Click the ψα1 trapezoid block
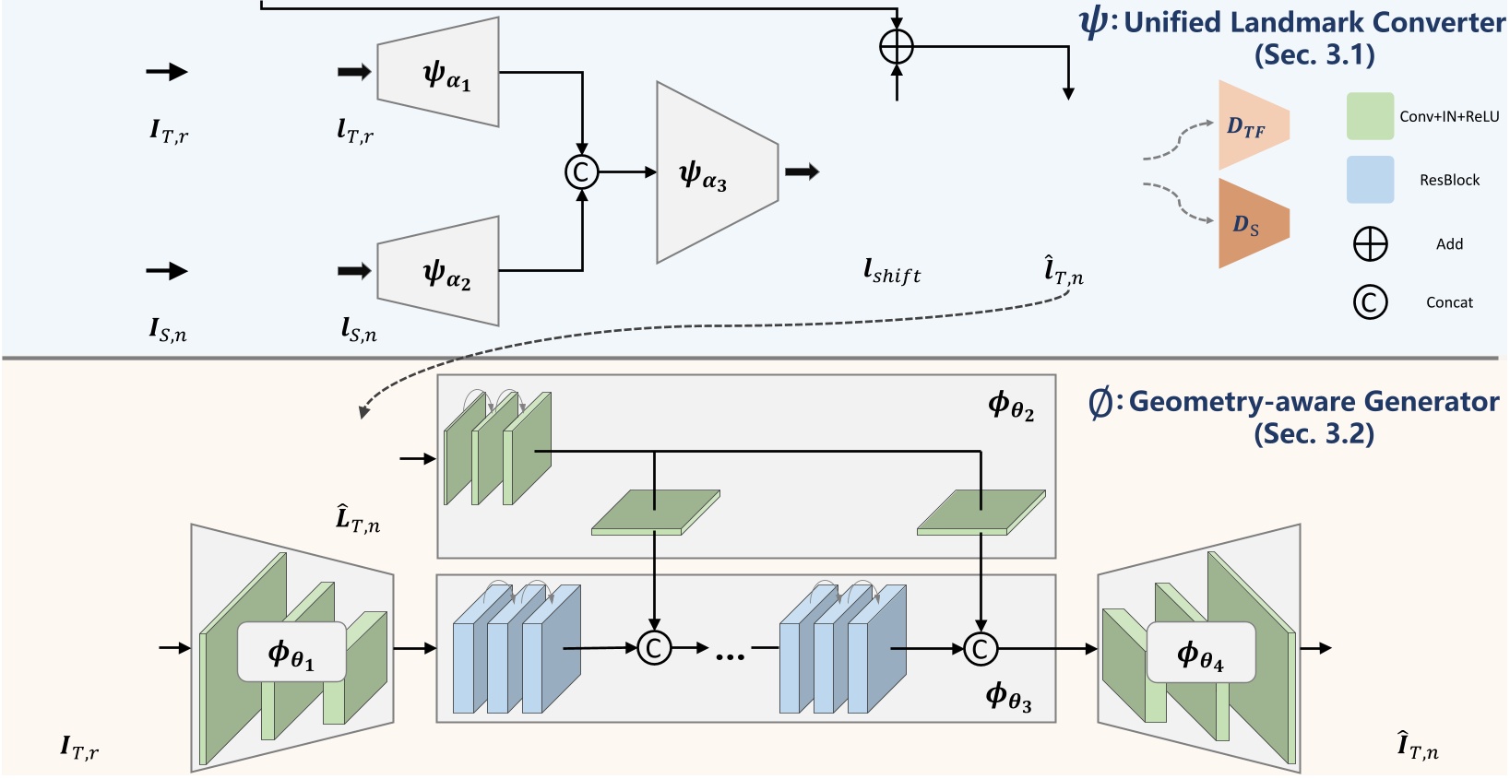click(439, 72)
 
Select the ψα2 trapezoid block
click(439, 271)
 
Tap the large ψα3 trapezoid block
click(715, 172)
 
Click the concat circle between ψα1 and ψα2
click(581, 171)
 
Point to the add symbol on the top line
click(897, 45)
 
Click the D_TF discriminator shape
click(1250, 125)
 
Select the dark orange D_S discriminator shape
click(1250, 224)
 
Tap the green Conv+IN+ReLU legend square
click(1370, 116)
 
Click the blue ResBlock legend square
click(1370, 180)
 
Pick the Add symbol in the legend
click(1370, 244)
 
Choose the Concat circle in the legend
click(1370, 301)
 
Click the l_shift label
click(891, 271)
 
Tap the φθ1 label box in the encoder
click(291, 652)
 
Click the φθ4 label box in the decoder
click(1200, 652)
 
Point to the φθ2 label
click(1011, 405)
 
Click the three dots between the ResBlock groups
click(730, 655)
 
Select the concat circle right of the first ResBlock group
click(654, 648)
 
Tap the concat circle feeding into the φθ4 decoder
click(981, 648)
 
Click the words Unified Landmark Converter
click(1314, 22)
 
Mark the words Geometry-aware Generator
click(1314, 402)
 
